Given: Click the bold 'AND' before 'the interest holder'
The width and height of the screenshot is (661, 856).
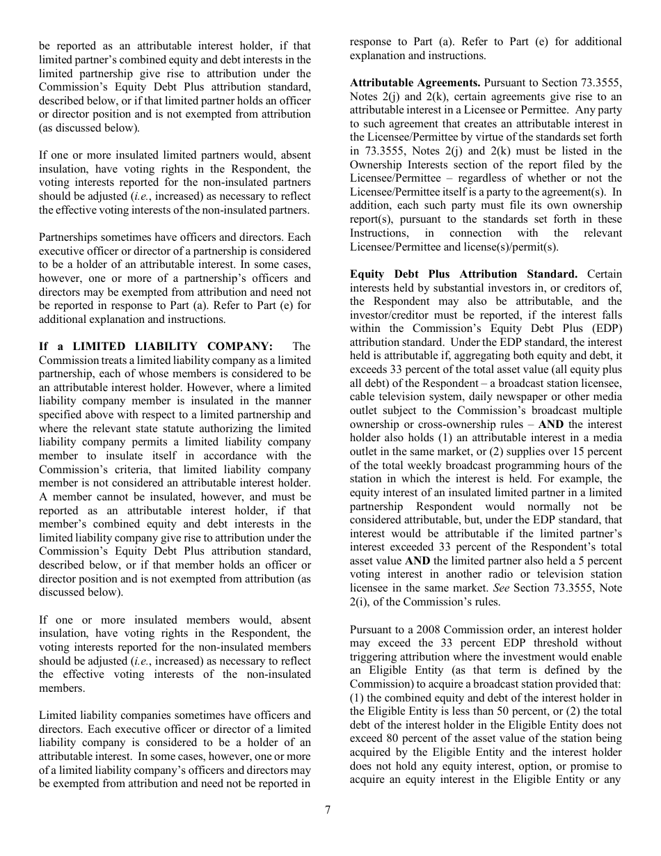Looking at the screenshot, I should pos(551,425).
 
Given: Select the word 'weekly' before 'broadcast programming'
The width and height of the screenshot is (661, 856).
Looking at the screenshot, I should pos(414,466).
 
